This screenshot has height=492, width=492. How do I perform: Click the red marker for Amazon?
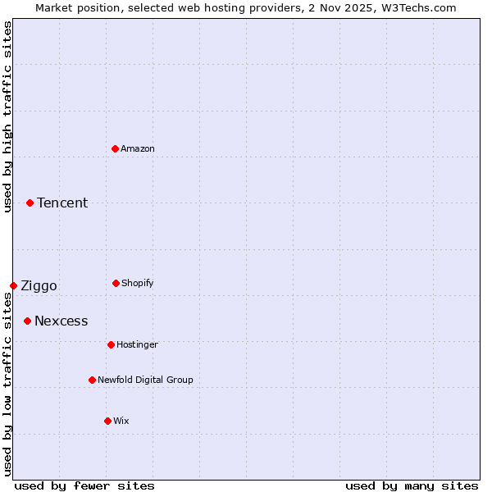(x=116, y=148)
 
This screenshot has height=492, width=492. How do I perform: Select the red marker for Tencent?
(x=30, y=203)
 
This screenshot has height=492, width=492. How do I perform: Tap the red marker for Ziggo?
(x=13, y=285)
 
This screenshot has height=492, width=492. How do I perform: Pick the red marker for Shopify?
(x=116, y=283)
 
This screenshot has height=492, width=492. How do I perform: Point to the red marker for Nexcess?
(x=27, y=321)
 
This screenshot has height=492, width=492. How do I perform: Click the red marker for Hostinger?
(x=111, y=344)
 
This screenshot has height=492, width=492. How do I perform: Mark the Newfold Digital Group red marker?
(x=92, y=380)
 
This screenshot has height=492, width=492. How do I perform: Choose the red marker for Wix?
(x=107, y=421)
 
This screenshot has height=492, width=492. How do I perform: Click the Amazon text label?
(x=138, y=148)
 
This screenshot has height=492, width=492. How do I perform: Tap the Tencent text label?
(x=62, y=203)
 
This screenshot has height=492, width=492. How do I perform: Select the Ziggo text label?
(x=39, y=285)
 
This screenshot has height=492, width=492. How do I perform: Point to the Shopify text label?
(x=138, y=283)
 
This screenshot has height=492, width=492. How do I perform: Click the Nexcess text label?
(x=61, y=321)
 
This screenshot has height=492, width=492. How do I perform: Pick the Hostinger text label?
(x=137, y=344)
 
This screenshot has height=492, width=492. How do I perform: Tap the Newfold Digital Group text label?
(x=145, y=380)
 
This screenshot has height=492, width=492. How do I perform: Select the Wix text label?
(x=121, y=421)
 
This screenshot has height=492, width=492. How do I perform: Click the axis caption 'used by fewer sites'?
(x=84, y=485)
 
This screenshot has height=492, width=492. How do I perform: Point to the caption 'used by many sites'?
(x=412, y=485)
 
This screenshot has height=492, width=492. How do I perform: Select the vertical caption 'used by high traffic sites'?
(x=7, y=116)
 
